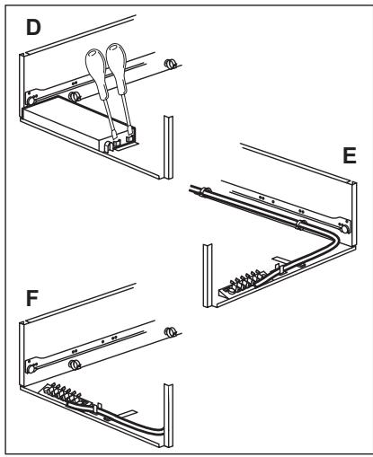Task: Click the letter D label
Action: click(x=33, y=27)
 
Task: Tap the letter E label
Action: click(x=350, y=155)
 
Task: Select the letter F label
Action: click(x=32, y=298)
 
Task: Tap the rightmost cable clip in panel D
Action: click(x=170, y=63)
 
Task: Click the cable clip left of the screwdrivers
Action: click(x=75, y=96)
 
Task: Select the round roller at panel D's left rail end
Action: click(x=31, y=101)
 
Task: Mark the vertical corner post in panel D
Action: click(x=168, y=147)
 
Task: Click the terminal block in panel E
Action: click(x=241, y=284)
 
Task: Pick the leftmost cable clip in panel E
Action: click(x=206, y=191)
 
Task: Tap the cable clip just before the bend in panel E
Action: click(x=301, y=224)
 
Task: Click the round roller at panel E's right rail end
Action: click(x=345, y=229)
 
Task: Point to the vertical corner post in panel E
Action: click(x=208, y=276)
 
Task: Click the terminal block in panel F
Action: click(x=65, y=394)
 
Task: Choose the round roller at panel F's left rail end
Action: click(x=31, y=369)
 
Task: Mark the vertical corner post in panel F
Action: click(x=168, y=416)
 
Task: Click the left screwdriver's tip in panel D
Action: click(x=115, y=137)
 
